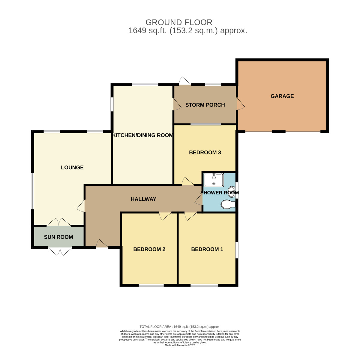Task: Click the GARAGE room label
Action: (x=282, y=96)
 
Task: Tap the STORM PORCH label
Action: (x=205, y=105)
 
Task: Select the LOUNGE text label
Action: (x=72, y=167)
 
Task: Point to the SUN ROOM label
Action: (x=58, y=237)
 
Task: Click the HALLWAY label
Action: (x=143, y=199)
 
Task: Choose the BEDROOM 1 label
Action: (x=207, y=249)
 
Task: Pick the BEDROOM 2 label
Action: (x=149, y=249)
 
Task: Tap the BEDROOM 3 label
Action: (x=205, y=152)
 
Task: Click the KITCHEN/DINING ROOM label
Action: (x=143, y=135)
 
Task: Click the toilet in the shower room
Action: (x=228, y=205)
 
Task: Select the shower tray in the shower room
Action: (x=214, y=180)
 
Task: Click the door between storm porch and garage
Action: (x=240, y=104)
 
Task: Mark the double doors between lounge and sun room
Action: (x=59, y=222)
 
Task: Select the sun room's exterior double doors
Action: (x=60, y=251)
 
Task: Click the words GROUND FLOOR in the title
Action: (x=179, y=22)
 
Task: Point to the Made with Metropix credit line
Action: (x=180, y=345)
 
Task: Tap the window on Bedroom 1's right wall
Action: (x=237, y=250)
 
